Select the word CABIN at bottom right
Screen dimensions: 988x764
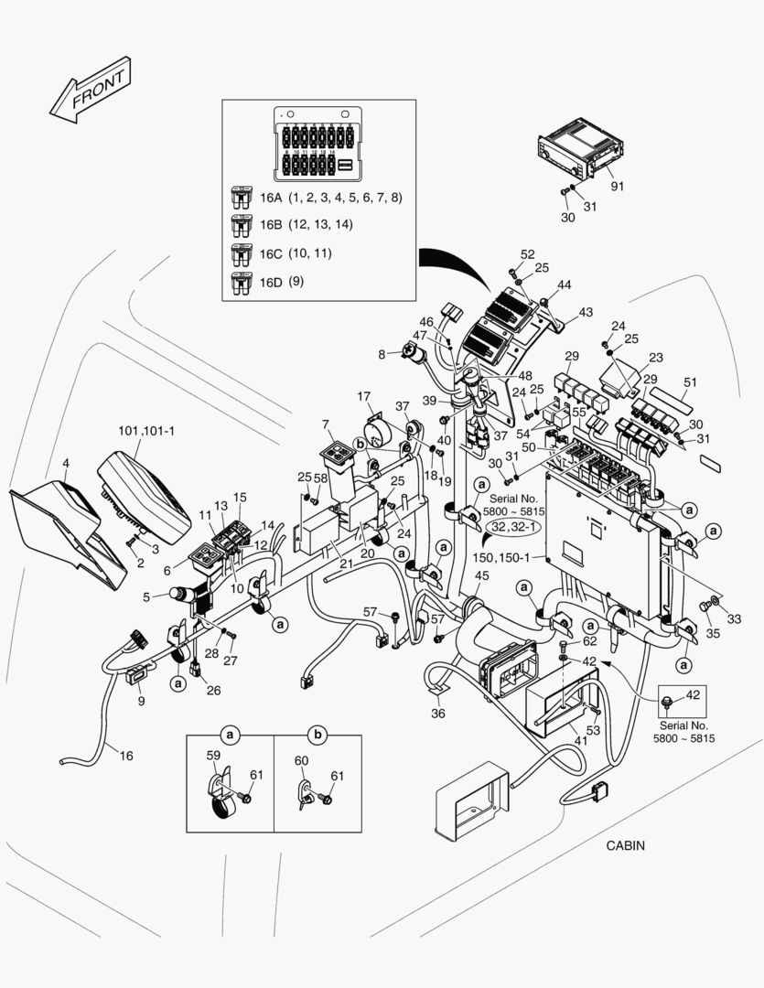pyautogui.click(x=625, y=845)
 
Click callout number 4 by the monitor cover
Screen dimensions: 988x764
pyautogui.click(x=65, y=464)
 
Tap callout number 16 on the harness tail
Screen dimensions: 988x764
pyautogui.click(x=126, y=755)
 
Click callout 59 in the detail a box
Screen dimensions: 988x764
pyautogui.click(x=212, y=757)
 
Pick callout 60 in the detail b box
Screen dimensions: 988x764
pyautogui.click(x=301, y=761)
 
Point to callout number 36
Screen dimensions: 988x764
pyautogui.click(x=438, y=714)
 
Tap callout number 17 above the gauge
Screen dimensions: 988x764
pyautogui.click(x=363, y=397)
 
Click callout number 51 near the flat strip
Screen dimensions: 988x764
pyautogui.click(x=690, y=382)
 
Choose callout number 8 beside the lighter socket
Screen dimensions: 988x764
pyautogui.click(x=382, y=353)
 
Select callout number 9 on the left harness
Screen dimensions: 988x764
pyautogui.click(x=141, y=701)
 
